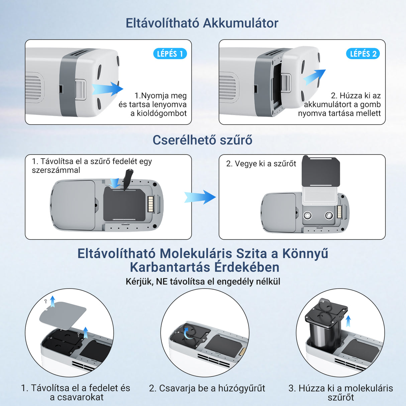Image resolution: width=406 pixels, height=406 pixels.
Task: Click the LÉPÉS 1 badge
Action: [170, 54]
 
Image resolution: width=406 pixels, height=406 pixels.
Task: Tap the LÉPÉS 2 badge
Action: [363, 54]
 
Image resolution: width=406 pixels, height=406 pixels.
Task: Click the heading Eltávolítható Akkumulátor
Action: [202, 23]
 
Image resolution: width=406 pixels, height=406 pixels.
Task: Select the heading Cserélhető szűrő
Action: [202, 140]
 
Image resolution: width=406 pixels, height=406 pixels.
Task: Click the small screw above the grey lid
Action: [46, 301]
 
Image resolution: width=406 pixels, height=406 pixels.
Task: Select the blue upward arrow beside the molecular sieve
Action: [348, 321]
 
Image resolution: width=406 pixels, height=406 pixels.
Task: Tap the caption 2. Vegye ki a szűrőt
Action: [261, 164]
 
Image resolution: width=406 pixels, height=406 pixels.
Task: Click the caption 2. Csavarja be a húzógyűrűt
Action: [207, 388]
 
